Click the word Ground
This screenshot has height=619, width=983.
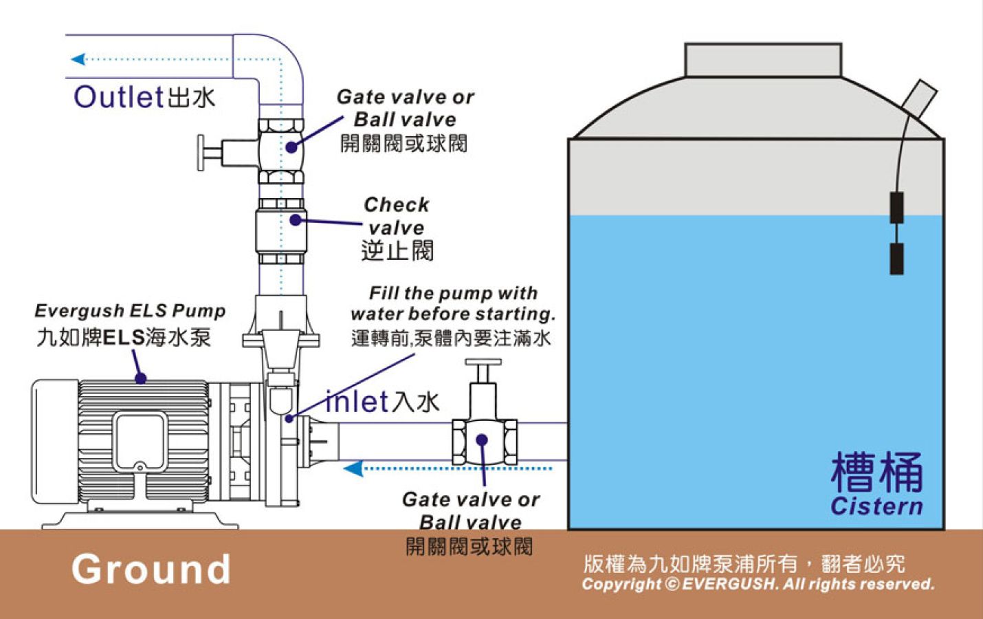[151, 569]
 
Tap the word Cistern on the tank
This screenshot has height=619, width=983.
[876, 506]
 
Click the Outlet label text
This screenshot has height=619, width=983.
[118, 97]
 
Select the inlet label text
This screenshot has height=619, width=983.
[357, 402]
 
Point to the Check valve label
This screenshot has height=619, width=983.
[396, 215]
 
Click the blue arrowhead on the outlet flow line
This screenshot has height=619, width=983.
[78, 59]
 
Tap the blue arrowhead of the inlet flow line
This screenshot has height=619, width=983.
[353, 469]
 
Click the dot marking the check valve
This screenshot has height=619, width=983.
[295, 220]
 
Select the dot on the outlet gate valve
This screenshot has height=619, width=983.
[291, 146]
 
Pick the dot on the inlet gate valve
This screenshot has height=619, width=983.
[482, 439]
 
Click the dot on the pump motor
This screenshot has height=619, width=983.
[140, 378]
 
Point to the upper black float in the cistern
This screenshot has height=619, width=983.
[896, 208]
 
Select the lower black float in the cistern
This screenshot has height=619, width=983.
[896, 259]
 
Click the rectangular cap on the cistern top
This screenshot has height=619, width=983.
[762, 60]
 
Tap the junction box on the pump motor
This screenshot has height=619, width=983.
[140, 442]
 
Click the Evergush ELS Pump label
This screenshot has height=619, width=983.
[130, 311]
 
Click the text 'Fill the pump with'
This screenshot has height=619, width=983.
[453, 294]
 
